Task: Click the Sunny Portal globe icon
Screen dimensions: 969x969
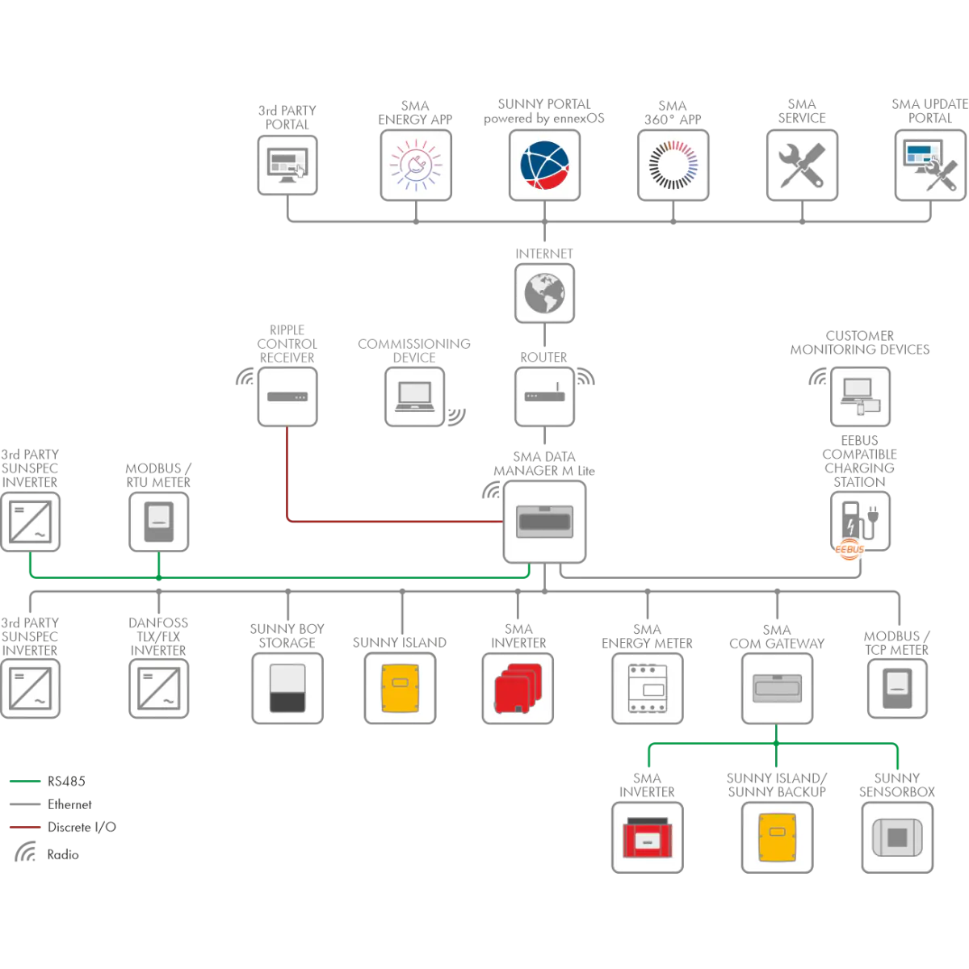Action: click(x=544, y=166)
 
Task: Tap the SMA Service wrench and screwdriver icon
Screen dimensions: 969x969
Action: click(x=802, y=166)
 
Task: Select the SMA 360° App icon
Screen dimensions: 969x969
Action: click(x=673, y=166)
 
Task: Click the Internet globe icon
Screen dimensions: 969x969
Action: click(x=544, y=293)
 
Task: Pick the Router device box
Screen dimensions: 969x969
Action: click(x=544, y=396)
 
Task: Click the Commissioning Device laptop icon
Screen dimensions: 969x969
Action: click(x=414, y=396)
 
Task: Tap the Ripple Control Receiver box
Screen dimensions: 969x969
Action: click(x=287, y=396)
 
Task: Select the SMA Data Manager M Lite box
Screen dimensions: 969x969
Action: click(x=544, y=522)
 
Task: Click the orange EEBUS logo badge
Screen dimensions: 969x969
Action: click(x=849, y=549)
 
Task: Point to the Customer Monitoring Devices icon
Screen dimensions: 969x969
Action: click(x=860, y=396)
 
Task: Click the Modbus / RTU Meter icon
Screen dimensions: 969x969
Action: click(x=159, y=522)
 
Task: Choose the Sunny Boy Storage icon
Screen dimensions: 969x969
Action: click(x=287, y=689)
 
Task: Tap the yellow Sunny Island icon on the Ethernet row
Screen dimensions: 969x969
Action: click(x=401, y=689)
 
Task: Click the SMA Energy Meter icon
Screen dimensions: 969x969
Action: click(x=647, y=689)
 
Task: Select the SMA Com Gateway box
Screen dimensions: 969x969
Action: click(x=777, y=689)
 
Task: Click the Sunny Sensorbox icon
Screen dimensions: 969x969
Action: click(x=897, y=837)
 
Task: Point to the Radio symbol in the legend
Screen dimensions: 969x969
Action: click(x=25, y=851)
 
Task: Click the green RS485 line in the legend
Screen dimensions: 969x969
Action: click(x=25, y=781)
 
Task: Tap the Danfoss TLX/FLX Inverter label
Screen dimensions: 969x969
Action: click(x=158, y=636)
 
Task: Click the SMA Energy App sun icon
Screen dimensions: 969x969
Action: click(x=415, y=166)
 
